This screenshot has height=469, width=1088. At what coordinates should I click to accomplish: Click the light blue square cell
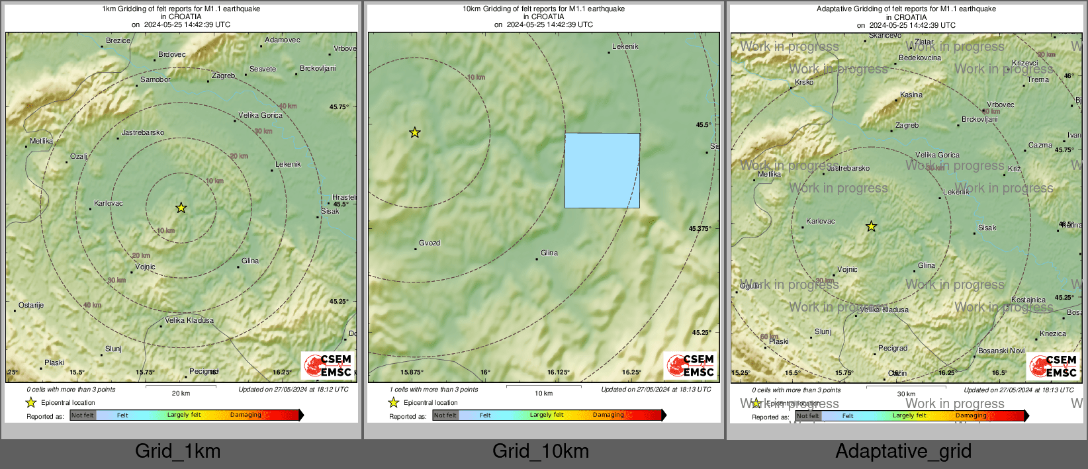(x=602, y=171)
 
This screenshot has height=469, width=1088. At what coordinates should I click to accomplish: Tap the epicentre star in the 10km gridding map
(x=414, y=133)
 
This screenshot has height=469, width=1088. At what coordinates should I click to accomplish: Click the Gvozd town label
(x=430, y=243)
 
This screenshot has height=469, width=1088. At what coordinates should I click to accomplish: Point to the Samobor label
(x=156, y=80)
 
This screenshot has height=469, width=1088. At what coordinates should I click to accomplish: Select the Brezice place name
(x=118, y=41)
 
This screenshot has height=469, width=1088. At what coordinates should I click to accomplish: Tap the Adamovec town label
(x=283, y=40)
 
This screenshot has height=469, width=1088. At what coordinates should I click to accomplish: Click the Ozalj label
(x=79, y=157)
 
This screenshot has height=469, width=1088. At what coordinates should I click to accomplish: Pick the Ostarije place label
(x=31, y=306)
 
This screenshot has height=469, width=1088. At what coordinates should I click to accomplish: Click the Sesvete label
(x=263, y=69)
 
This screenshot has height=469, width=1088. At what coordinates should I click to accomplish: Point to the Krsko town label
(x=804, y=83)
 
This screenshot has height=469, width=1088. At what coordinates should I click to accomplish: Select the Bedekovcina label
(x=920, y=58)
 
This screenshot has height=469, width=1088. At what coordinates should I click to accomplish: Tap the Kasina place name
(x=911, y=95)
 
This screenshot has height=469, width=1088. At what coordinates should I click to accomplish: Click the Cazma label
(x=1040, y=146)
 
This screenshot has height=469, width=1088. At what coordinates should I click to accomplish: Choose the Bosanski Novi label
(x=1001, y=351)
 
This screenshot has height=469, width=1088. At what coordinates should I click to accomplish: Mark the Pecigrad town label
(x=893, y=349)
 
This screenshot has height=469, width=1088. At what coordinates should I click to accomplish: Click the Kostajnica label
(x=1028, y=300)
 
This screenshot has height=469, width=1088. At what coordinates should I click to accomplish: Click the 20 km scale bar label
(x=181, y=394)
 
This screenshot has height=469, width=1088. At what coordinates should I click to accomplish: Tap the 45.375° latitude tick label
(x=700, y=229)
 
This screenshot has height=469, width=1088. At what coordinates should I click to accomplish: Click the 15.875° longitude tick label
(x=412, y=372)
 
